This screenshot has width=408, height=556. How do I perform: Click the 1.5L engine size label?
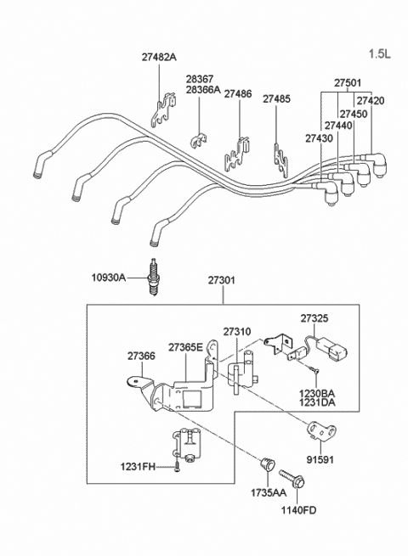(380, 54)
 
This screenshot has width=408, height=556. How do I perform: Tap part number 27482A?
(159, 58)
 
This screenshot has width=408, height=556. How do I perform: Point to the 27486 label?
(238, 96)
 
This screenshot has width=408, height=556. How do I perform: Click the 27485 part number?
(276, 99)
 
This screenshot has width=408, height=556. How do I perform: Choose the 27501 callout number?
(347, 83)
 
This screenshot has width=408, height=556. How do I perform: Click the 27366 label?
(142, 357)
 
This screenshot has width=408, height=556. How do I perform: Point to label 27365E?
(185, 347)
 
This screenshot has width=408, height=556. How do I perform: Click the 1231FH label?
(138, 465)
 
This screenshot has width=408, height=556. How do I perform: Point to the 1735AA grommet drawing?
(267, 464)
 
